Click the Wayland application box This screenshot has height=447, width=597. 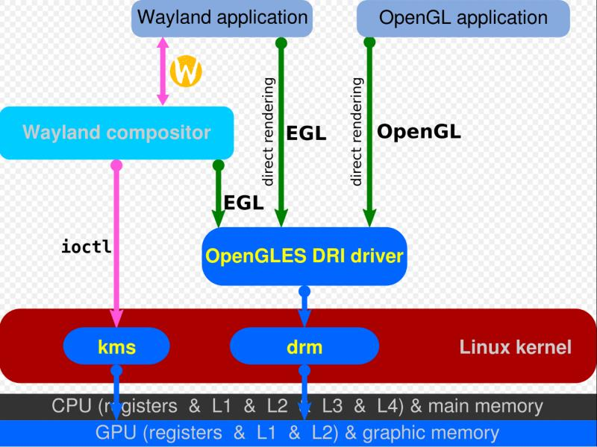[222, 18]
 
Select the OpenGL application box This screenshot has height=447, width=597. [463, 18]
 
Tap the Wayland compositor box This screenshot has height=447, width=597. [116, 133]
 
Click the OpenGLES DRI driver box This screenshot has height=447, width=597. [304, 257]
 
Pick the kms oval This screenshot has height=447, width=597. [116, 346]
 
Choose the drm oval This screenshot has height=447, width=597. [304, 346]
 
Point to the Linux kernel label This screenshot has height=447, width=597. [515, 346]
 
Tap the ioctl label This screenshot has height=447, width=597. [87, 246]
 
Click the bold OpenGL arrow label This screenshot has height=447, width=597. [419, 132]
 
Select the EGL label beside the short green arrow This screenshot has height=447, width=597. [243, 202]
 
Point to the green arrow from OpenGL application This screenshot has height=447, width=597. [369, 134]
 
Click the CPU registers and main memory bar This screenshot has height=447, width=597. [298, 407]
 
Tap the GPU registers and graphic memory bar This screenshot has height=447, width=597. [298, 433]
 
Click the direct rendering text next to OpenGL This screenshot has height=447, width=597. [357, 131]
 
